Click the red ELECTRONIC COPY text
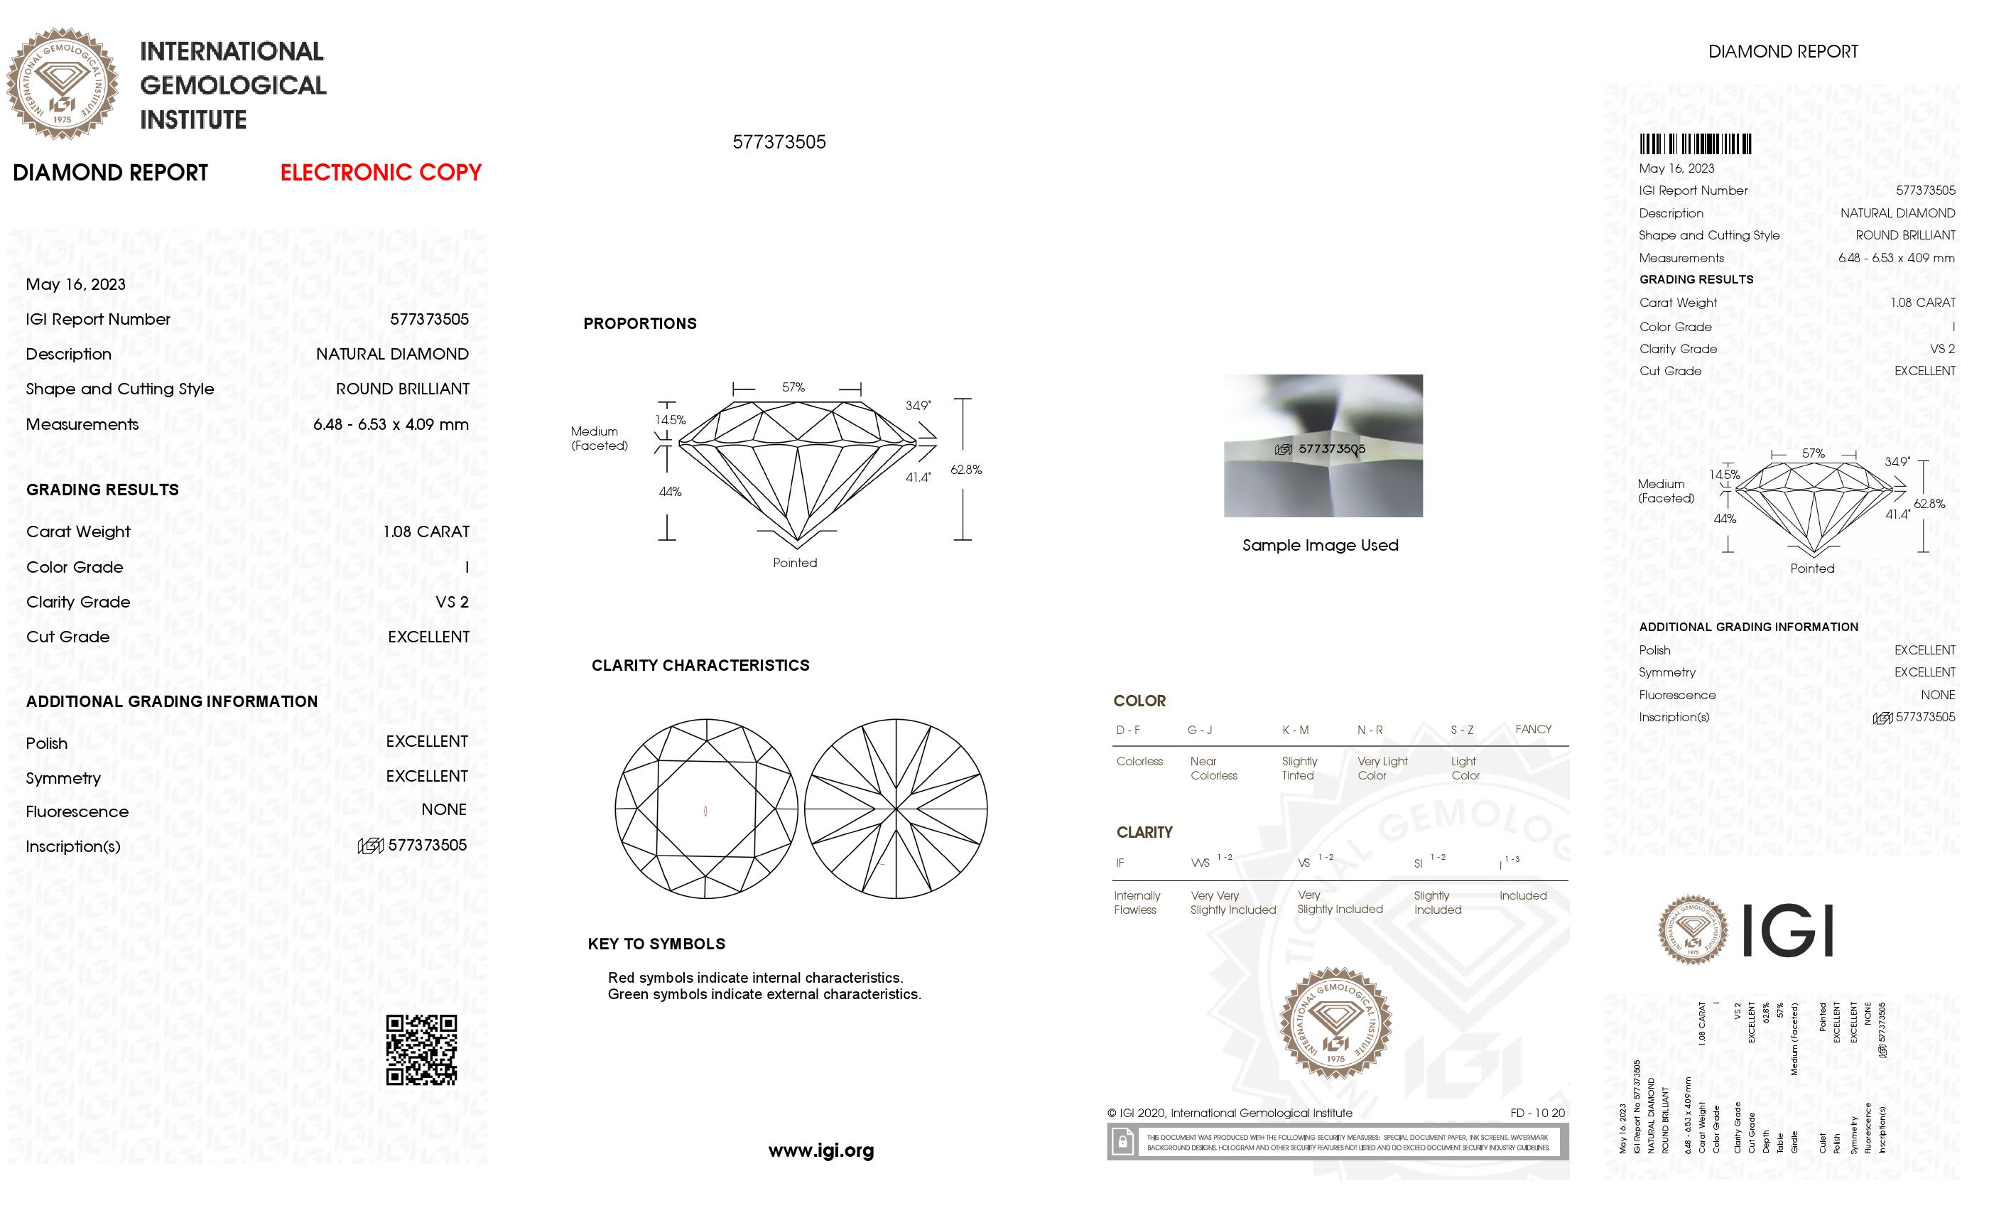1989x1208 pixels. click(x=380, y=172)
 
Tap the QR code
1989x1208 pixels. click(x=421, y=1049)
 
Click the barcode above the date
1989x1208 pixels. click(x=1694, y=144)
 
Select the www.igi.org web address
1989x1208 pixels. click(x=820, y=1150)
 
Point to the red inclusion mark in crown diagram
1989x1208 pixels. click(x=705, y=811)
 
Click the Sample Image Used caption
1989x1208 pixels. click(x=1320, y=545)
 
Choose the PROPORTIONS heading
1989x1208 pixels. click(x=639, y=323)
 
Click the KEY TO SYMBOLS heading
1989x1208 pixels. click(x=656, y=943)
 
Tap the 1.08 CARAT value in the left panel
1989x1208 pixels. click(x=426, y=532)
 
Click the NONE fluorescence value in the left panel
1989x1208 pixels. click(x=443, y=809)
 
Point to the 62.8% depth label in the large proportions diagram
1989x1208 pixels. click(x=965, y=469)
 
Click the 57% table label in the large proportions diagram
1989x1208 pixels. click(x=793, y=387)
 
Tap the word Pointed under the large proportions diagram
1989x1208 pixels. click(x=794, y=563)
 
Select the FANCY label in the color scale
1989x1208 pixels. click(x=1533, y=729)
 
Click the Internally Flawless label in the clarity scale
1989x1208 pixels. click(x=1136, y=902)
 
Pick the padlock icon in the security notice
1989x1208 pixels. click(x=1122, y=1142)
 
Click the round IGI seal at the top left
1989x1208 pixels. click(x=63, y=83)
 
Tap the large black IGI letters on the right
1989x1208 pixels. click(x=1787, y=930)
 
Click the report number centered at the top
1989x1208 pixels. click(x=779, y=142)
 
